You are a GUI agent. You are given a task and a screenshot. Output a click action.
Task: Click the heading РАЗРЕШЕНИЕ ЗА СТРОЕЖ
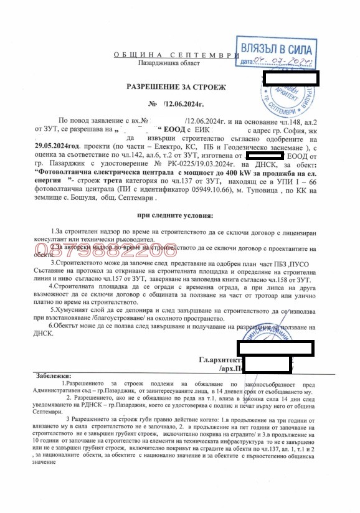coord(178,87)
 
